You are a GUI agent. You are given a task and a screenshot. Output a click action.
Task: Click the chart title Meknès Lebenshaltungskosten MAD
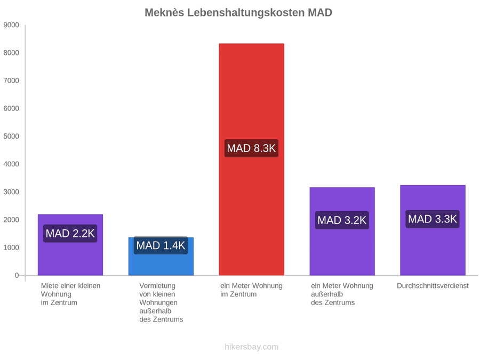238,13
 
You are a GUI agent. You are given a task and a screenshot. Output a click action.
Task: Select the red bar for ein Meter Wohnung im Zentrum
251,159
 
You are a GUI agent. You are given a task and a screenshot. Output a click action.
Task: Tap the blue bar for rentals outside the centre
161,256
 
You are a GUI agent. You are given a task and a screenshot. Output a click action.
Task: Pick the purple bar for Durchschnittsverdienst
433,230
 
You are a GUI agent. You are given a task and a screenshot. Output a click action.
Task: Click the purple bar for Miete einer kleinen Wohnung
70,245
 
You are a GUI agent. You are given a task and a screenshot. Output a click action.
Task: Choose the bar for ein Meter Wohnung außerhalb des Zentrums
342,231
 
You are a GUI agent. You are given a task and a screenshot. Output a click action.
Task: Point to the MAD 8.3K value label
251,148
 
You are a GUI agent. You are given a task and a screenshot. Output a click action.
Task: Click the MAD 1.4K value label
161,245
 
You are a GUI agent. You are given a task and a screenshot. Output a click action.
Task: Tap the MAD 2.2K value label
70,233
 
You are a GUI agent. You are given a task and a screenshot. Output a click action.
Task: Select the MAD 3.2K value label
342,220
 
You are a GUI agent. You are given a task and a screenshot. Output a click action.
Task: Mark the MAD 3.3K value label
433,219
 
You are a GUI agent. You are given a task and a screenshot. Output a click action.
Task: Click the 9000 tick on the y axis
11,25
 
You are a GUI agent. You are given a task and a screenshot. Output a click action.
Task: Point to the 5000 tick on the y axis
11,136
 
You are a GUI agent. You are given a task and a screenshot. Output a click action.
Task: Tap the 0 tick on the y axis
17,275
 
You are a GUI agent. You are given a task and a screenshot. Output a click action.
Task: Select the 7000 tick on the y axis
11,81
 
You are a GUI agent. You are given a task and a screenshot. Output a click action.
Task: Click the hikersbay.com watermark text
251,347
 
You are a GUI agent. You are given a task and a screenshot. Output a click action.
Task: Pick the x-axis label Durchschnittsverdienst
433,286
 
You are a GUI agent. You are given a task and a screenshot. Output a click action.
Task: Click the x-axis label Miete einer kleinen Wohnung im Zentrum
70,294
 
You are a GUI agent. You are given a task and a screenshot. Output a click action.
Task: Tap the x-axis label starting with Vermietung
161,302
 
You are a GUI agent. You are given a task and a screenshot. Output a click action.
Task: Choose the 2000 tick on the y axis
11,220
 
